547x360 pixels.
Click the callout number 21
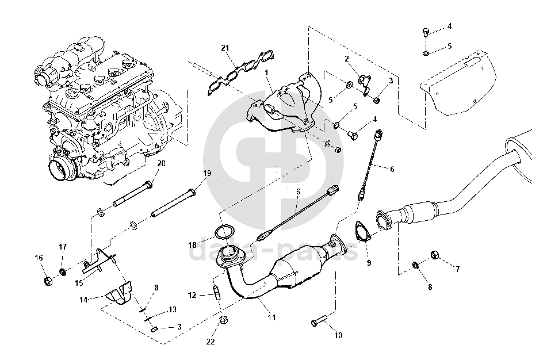[x=225, y=47]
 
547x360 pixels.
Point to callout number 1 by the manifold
[x=267, y=72]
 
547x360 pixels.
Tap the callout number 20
[x=161, y=163]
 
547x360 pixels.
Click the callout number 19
[x=206, y=173]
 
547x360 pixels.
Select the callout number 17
[x=63, y=247]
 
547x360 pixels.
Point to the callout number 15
[x=80, y=282]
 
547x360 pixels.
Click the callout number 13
[x=173, y=309]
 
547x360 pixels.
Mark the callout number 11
[x=271, y=317]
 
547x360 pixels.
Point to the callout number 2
[x=347, y=59]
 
